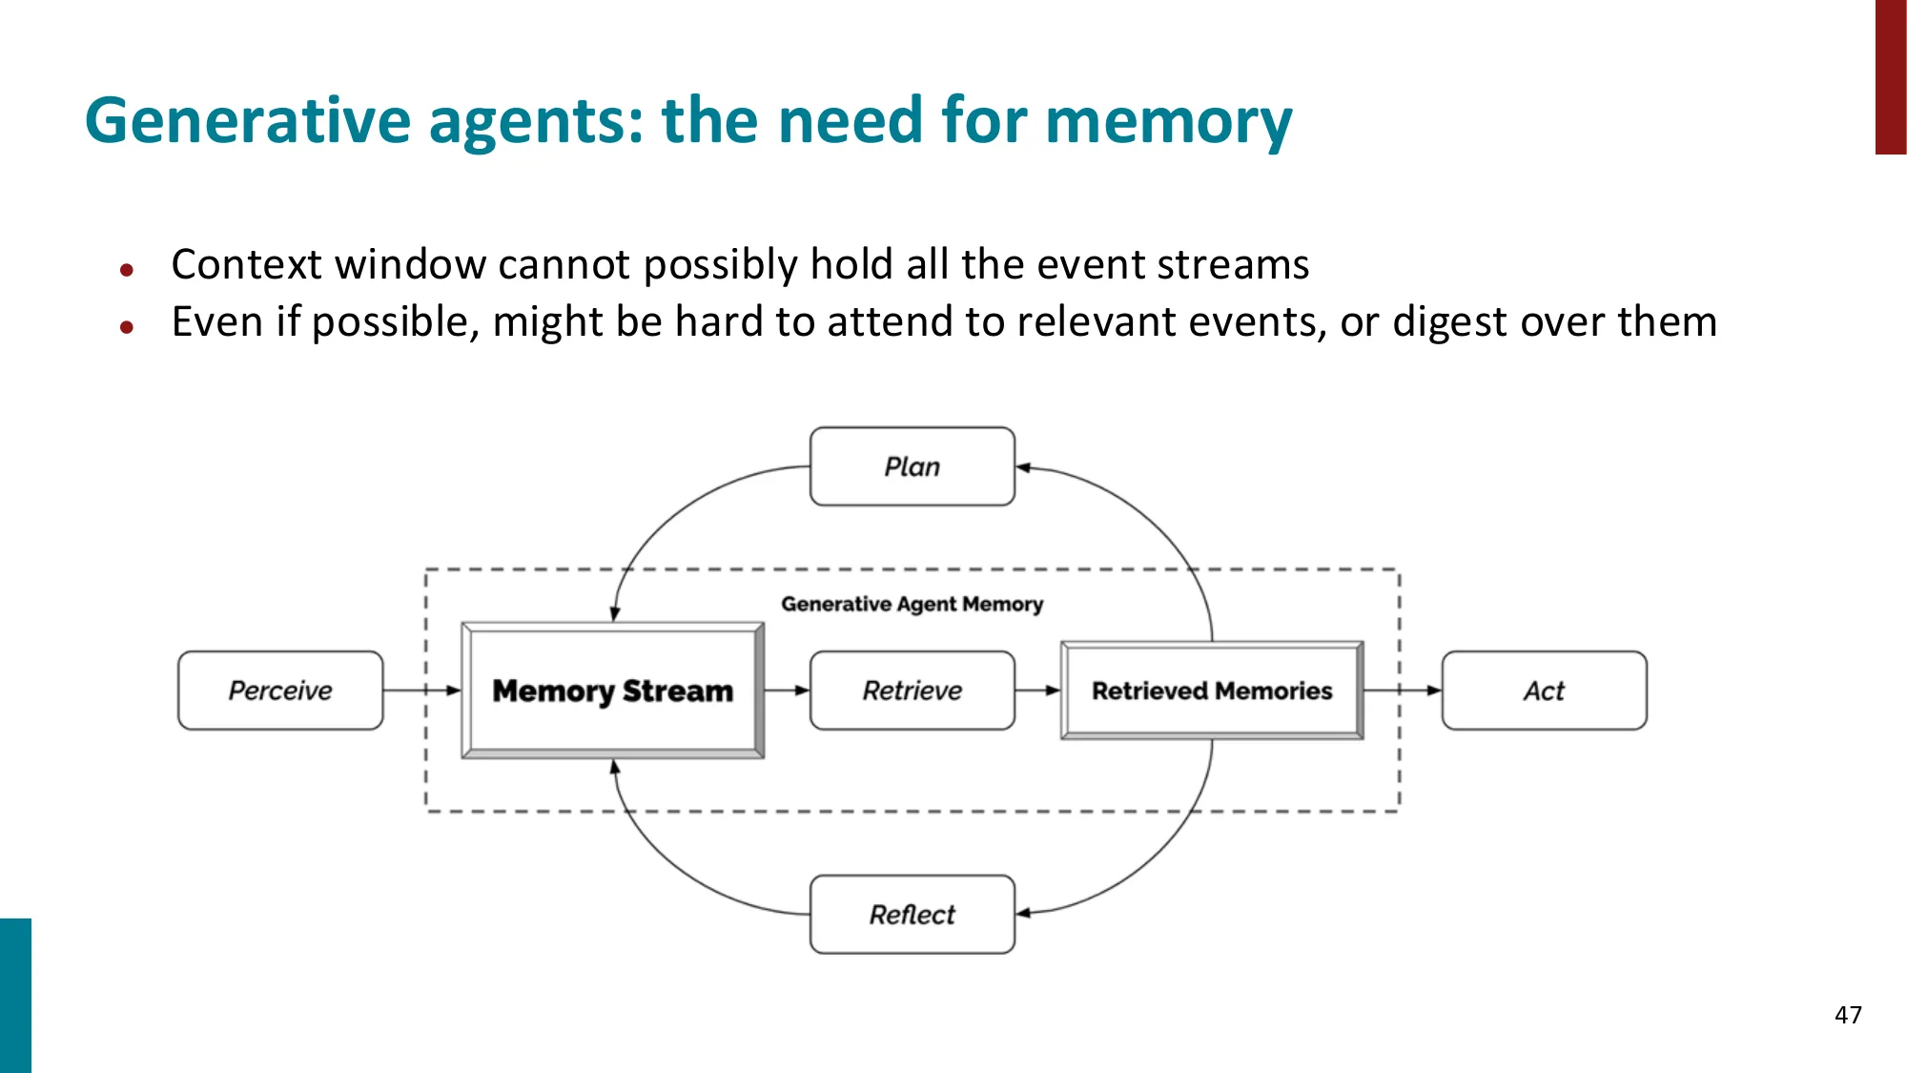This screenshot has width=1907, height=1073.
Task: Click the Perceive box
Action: click(280, 691)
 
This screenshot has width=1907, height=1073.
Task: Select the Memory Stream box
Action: click(612, 691)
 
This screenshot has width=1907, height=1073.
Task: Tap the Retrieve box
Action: click(912, 691)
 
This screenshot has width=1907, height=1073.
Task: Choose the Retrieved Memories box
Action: click(1211, 691)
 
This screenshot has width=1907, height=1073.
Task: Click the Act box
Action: click(1544, 691)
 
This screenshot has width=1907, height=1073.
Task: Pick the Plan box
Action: click(912, 466)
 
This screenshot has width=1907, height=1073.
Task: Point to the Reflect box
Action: click(912, 914)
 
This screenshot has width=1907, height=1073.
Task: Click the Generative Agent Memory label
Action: click(912, 604)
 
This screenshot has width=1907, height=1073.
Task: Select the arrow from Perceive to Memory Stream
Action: click(422, 691)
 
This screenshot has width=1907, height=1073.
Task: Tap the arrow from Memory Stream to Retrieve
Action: click(788, 691)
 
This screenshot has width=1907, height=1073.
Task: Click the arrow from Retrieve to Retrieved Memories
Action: click(1038, 691)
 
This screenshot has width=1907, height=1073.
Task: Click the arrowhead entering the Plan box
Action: click(1023, 467)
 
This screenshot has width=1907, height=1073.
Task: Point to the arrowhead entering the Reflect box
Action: click(1023, 914)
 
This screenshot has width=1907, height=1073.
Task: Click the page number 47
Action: click(1848, 1015)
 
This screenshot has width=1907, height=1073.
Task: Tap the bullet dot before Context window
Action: click(127, 270)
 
